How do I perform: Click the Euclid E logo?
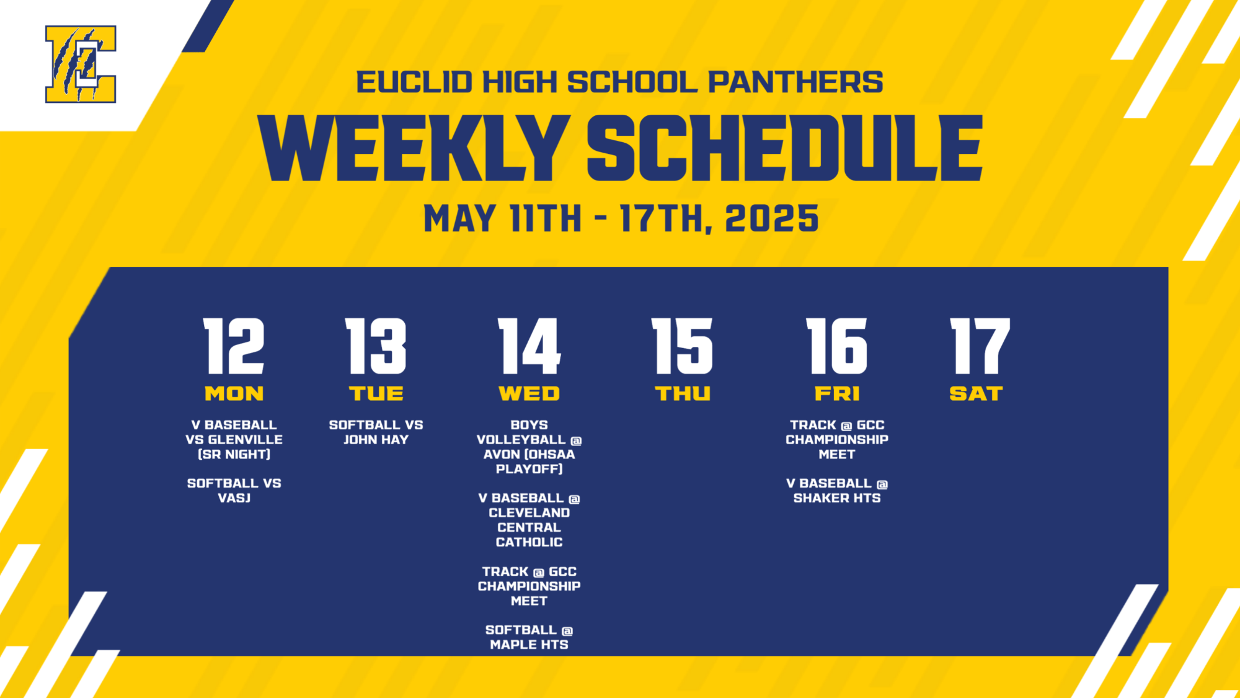pyautogui.click(x=81, y=64)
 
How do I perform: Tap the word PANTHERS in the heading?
pyautogui.click(x=795, y=82)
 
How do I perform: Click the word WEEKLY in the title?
pyautogui.click(x=414, y=149)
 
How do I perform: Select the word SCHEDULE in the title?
pyautogui.click(x=784, y=149)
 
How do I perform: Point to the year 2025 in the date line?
pyautogui.click(x=771, y=218)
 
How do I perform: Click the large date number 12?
pyautogui.click(x=234, y=346)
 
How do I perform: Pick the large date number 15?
pyautogui.click(x=682, y=346)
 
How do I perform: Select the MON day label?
pyautogui.click(x=234, y=393)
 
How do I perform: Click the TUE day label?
pyautogui.click(x=376, y=393)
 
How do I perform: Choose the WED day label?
pyautogui.click(x=529, y=393)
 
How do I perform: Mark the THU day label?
pyautogui.click(x=683, y=393)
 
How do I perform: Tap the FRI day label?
pyautogui.click(x=837, y=393)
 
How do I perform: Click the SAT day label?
pyautogui.click(x=976, y=393)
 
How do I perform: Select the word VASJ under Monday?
pyautogui.click(x=234, y=498)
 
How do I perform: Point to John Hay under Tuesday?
pyautogui.click(x=376, y=439)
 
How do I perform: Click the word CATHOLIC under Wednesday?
pyautogui.click(x=529, y=542)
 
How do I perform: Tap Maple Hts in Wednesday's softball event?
pyautogui.click(x=529, y=645)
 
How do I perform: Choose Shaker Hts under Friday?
pyautogui.click(x=837, y=498)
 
